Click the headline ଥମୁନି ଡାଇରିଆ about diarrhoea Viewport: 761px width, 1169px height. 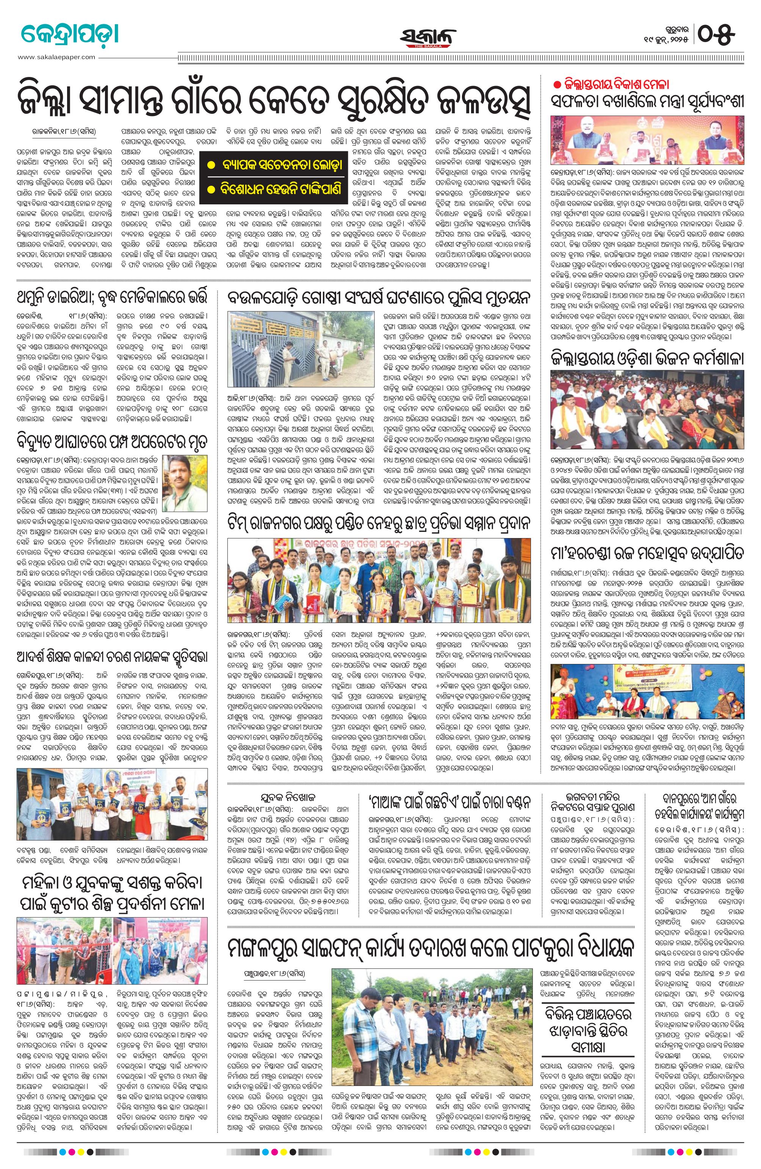coord(113,299)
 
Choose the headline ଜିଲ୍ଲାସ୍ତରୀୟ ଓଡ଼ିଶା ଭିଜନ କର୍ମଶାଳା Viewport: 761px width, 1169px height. coord(647,358)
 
